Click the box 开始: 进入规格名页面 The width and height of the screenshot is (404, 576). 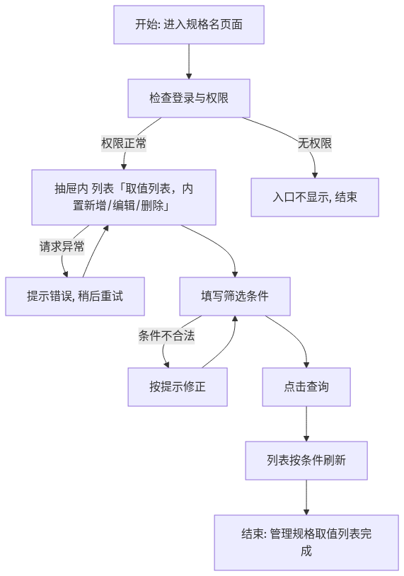pyautogui.click(x=189, y=25)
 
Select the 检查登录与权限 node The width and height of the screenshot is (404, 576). pyautogui.click(x=189, y=98)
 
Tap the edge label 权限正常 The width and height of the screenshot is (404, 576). pyautogui.click(x=124, y=143)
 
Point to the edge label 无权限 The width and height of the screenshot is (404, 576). pyautogui.click(x=315, y=143)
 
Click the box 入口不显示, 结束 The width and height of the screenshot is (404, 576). pyautogui.click(x=315, y=197)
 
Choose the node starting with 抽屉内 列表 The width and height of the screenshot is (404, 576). pyautogui.click(x=124, y=197)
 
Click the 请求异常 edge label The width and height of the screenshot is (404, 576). pyautogui.click(x=62, y=246)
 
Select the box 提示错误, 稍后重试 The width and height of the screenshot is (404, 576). pyautogui.click(x=75, y=296)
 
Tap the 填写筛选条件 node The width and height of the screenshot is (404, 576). pyautogui.click(x=235, y=296)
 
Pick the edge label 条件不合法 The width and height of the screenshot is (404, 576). pyautogui.click(x=166, y=335)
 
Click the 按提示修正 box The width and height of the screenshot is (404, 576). pyautogui.click(x=178, y=387)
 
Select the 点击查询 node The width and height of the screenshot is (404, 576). pyautogui.click(x=306, y=387)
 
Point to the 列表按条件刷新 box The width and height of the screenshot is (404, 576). pyautogui.click(x=306, y=460)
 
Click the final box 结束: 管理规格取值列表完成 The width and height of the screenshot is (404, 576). pyautogui.click(x=306, y=543)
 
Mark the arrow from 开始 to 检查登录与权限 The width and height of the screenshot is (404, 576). pyautogui.click(x=189, y=62)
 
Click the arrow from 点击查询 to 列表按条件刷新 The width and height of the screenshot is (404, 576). pyautogui.click(x=306, y=424)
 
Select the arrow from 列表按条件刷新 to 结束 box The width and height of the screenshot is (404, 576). pyautogui.click(x=306, y=497)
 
